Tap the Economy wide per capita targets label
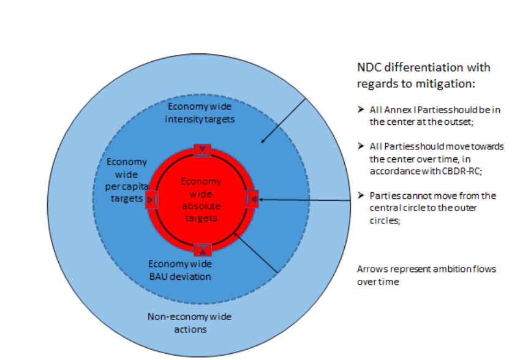click(127, 181)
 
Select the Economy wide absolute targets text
click(201, 200)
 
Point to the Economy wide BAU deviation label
click(180, 270)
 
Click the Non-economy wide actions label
click(178, 323)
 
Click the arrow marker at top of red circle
click(201, 151)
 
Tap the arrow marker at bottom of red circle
click(202, 249)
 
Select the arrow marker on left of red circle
click(151, 199)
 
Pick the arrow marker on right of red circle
click(252, 199)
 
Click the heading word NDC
click(369, 67)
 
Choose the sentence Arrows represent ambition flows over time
click(426, 275)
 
